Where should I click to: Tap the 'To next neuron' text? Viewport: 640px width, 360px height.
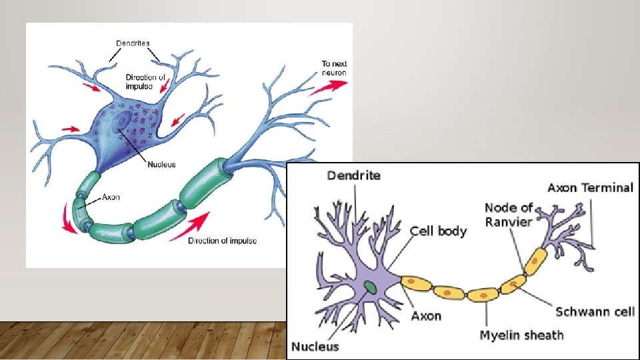pos(334,67)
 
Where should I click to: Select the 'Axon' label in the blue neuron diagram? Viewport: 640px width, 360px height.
pos(111,198)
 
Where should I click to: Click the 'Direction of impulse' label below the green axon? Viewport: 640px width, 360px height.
pos(222,241)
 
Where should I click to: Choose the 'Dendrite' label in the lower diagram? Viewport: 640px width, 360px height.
pos(353,176)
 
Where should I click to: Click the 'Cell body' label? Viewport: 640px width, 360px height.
pos(438,231)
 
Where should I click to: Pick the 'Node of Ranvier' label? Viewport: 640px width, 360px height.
pos(509,215)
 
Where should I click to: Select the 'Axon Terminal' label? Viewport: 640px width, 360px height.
pos(590,187)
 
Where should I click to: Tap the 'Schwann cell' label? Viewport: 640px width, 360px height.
pos(595,312)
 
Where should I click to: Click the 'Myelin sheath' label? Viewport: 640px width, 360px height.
pos(521,335)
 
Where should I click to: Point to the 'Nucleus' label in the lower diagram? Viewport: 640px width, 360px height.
pos(315,347)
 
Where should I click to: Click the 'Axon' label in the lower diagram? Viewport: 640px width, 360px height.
pos(426,315)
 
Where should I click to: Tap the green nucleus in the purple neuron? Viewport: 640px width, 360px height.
pos(370,287)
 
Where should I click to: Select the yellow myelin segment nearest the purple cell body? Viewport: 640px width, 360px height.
pos(415,282)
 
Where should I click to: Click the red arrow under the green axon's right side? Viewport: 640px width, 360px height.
pos(189,226)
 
